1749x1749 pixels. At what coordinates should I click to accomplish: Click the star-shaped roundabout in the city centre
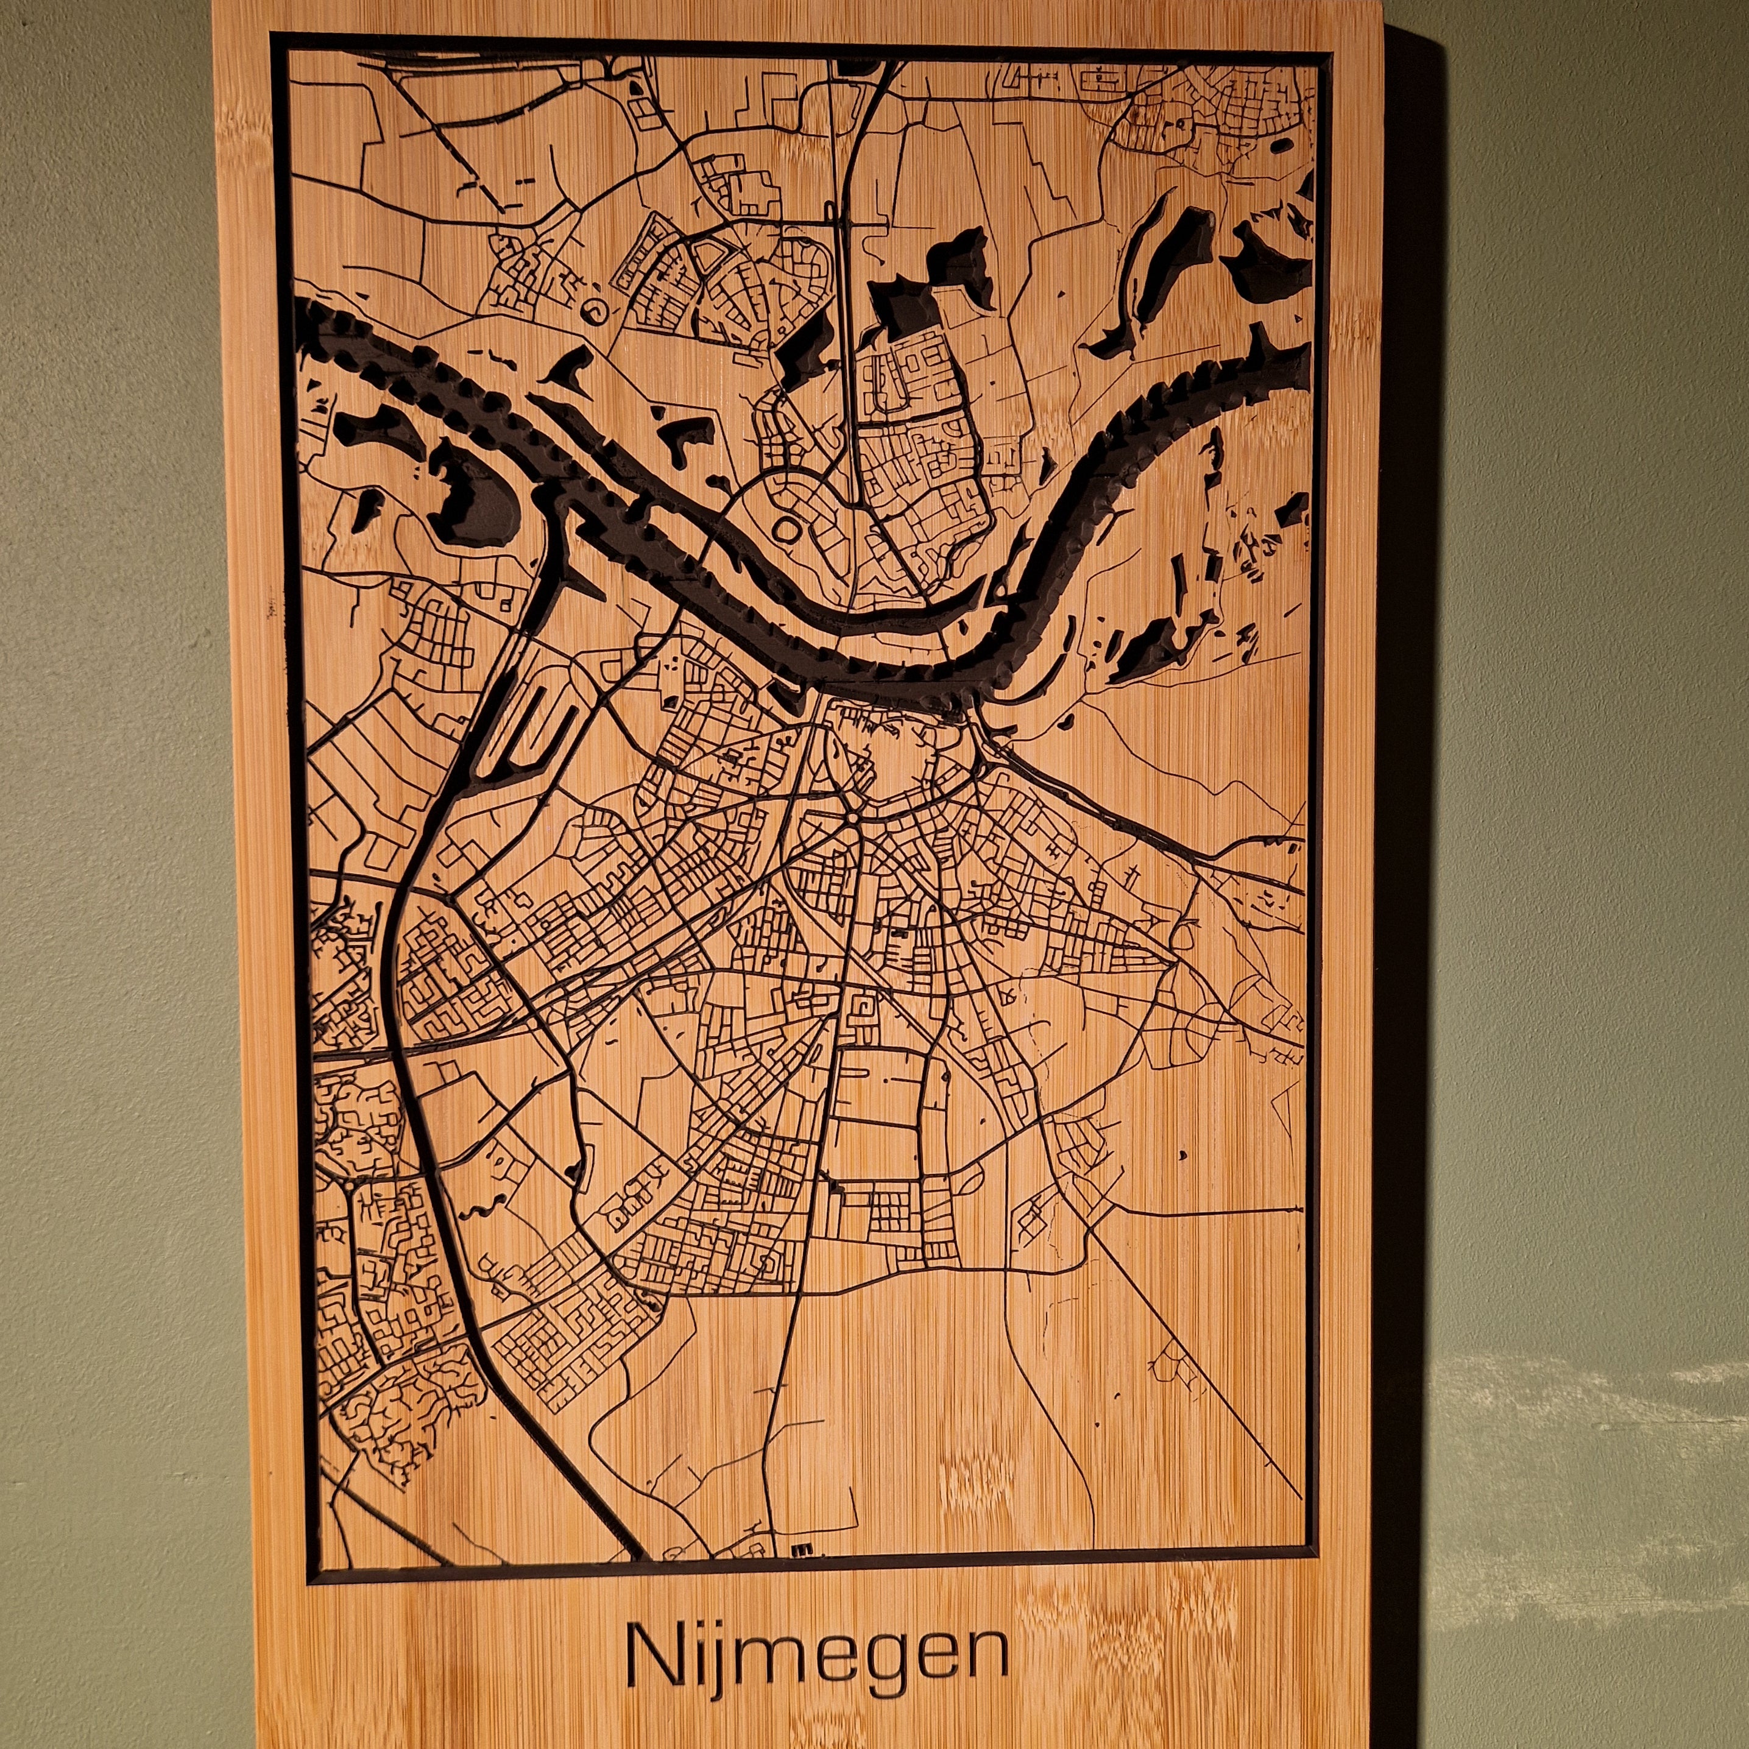(853, 818)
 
